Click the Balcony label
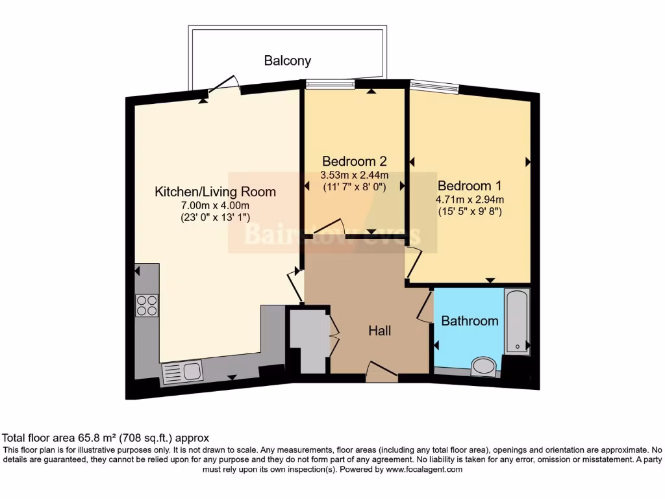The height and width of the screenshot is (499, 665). click(x=287, y=61)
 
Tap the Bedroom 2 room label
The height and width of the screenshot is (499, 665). click(x=355, y=161)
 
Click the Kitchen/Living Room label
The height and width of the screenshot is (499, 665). click(x=215, y=192)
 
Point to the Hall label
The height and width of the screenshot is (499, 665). click(x=380, y=331)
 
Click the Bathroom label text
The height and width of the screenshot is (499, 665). click(x=470, y=320)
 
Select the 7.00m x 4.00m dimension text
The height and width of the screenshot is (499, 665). click(x=215, y=205)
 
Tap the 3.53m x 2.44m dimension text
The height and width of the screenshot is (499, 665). click(x=355, y=175)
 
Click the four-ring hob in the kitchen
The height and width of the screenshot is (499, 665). click(x=146, y=305)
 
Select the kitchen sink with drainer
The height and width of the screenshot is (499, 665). click(x=182, y=372)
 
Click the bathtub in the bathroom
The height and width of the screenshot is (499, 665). click(x=517, y=322)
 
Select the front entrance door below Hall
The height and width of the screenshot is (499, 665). click(x=381, y=370)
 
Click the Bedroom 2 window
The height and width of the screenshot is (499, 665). click(x=331, y=83)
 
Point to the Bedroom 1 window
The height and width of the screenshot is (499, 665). click(x=434, y=86)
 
